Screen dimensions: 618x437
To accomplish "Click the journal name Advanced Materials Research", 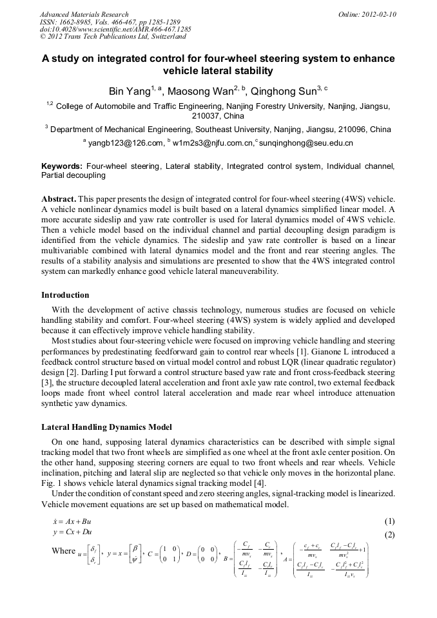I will point(84,14).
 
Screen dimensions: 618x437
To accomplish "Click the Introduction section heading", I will point(65,295).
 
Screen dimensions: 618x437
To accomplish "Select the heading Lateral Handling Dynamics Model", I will point(107,427).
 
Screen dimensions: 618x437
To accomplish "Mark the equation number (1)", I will point(389,521).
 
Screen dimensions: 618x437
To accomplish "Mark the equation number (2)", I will point(389,535).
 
